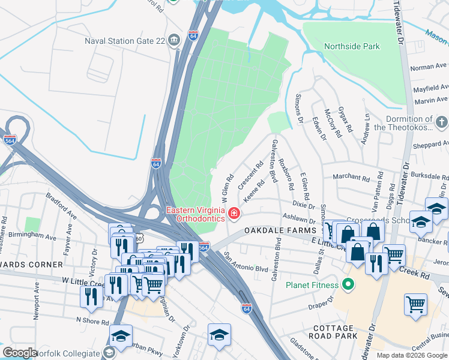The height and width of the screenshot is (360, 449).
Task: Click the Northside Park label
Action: (x=352, y=46)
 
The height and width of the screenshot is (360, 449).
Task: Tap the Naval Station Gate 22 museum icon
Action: (x=174, y=41)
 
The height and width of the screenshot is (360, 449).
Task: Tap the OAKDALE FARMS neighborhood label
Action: (x=279, y=231)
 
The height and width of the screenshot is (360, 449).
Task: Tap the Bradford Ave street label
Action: (x=61, y=206)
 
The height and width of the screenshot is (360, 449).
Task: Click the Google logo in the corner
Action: (x=20, y=353)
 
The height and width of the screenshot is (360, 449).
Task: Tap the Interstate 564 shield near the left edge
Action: (x=10, y=140)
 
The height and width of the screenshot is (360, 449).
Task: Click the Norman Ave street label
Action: (x=429, y=66)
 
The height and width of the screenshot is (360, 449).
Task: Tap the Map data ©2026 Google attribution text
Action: (x=412, y=355)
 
